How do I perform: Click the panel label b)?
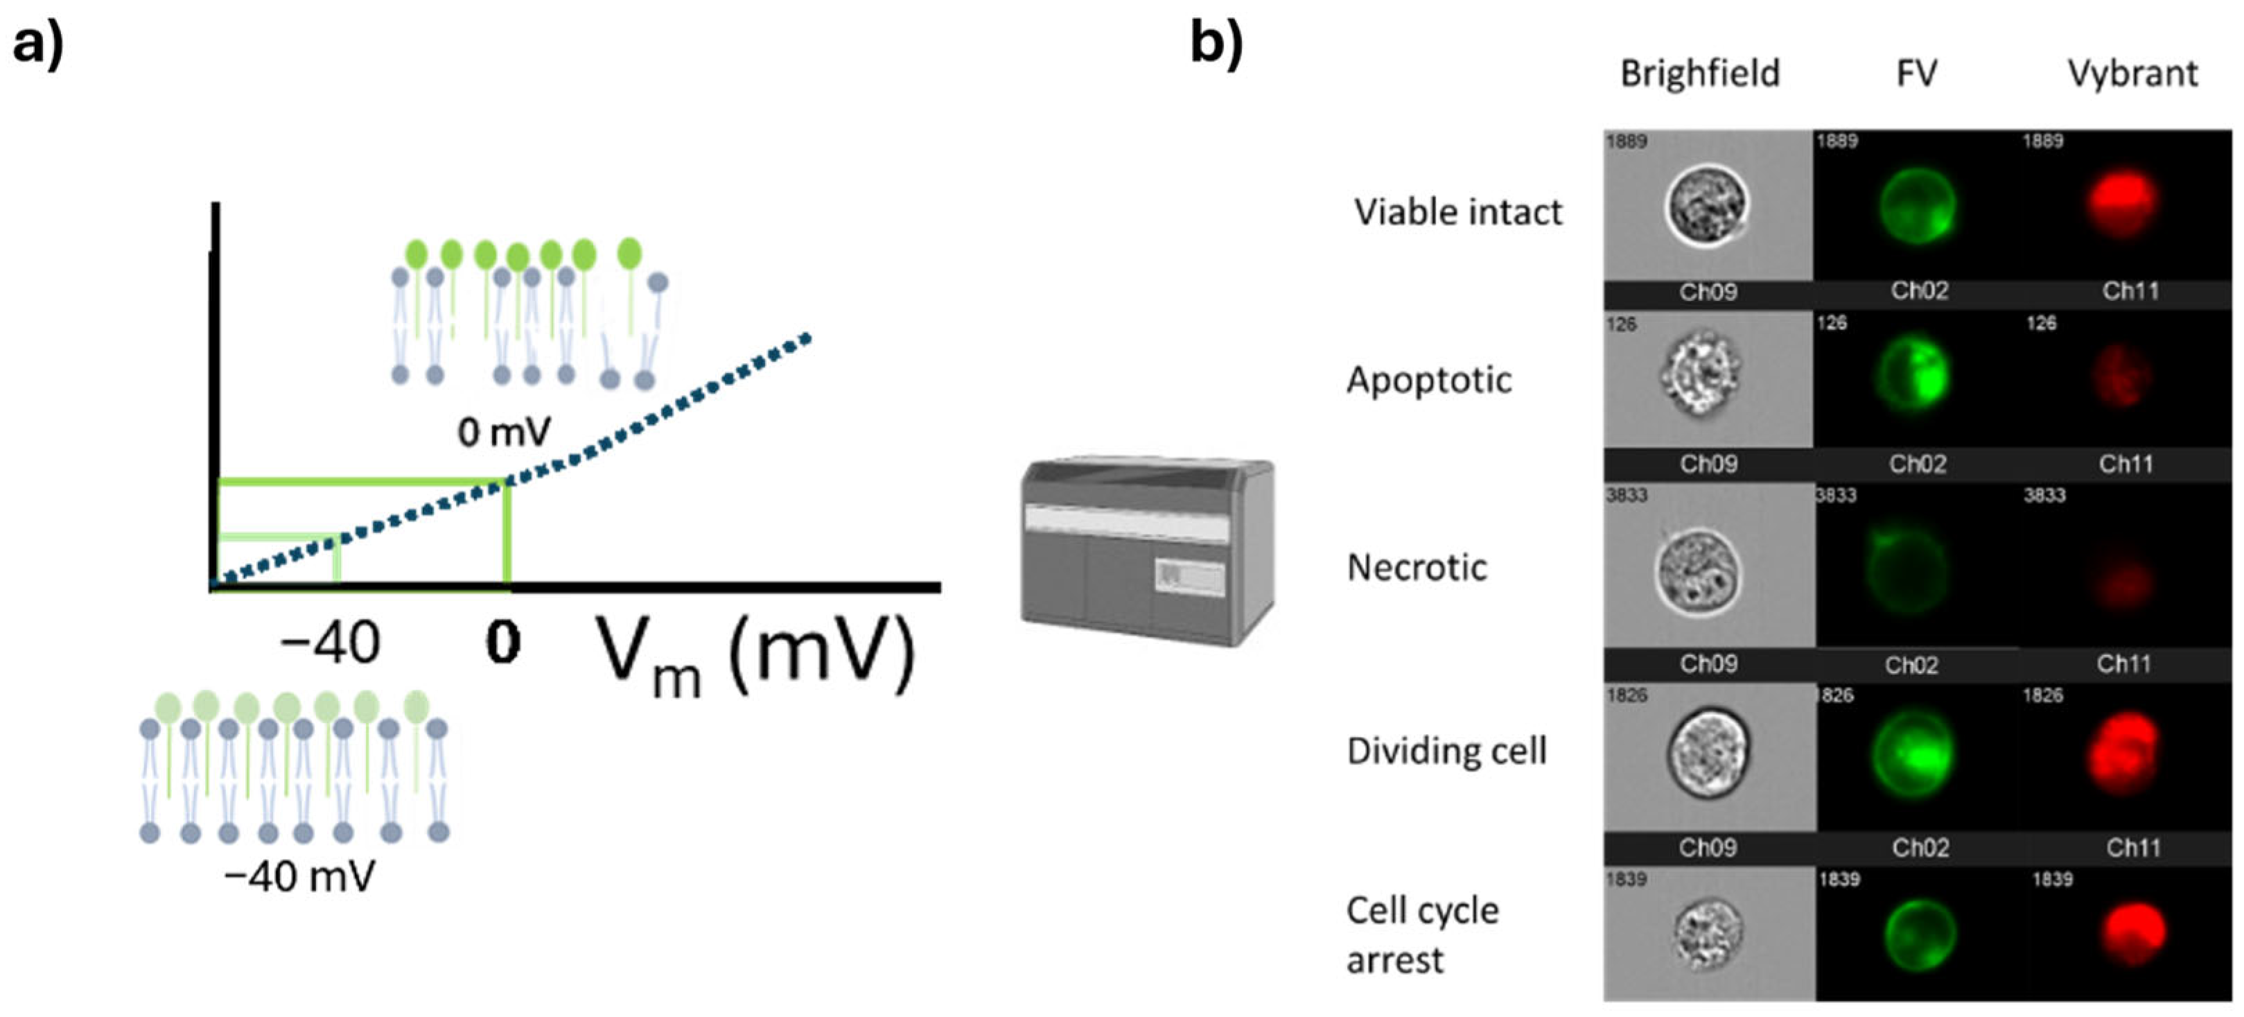click(x=1216, y=44)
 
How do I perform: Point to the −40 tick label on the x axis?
click(x=330, y=644)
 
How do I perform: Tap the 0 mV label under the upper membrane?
click(x=505, y=431)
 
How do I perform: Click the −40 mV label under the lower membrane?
click(x=299, y=875)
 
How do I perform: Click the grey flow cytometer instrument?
click(x=1146, y=552)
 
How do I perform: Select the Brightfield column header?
click(x=1699, y=74)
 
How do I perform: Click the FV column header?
click(x=1916, y=74)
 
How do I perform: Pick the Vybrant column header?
click(x=2132, y=74)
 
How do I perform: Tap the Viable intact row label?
click(x=1458, y=211)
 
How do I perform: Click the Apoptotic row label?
click(x=1428, y=380)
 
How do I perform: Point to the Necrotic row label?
click(x=1417, y=567)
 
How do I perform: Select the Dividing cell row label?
click(x=1446, y=750)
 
